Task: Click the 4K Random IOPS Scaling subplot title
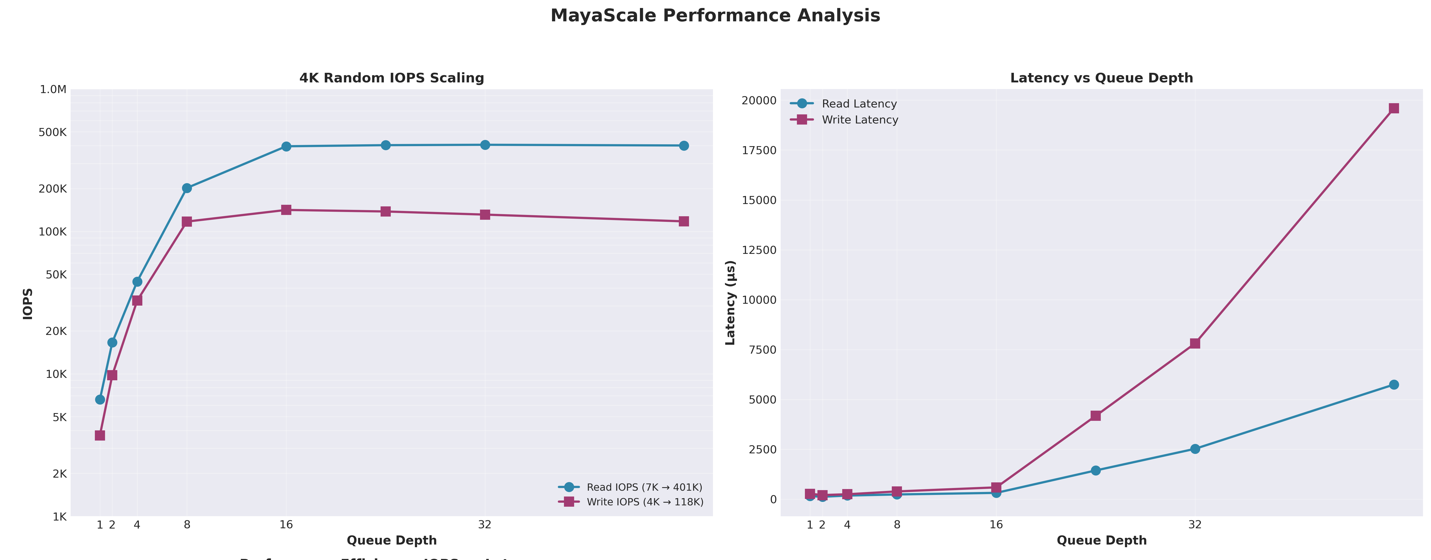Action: tap(392, 78)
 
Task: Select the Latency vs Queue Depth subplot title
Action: tap(1101, 78)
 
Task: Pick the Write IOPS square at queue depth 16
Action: tap(286, 210)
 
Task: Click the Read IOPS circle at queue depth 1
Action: tap(100, 399)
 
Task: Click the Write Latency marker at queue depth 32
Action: tap(1195, 343)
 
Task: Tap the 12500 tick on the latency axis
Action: tap(759, 250)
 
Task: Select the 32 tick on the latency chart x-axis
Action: tap(1195, 525)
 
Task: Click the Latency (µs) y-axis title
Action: tap(731, 303)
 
